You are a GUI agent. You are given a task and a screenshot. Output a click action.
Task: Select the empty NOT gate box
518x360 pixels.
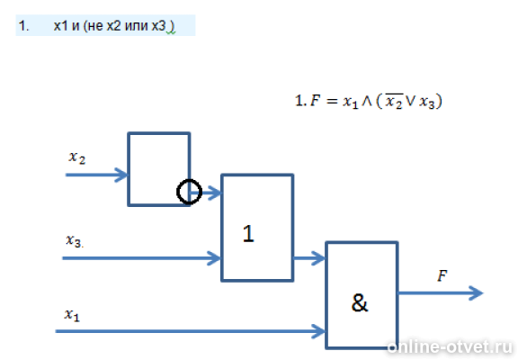pyautogui.click(x=129, y=169)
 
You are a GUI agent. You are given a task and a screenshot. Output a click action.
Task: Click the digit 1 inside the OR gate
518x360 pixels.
pyautogui.click(x=248, y=233)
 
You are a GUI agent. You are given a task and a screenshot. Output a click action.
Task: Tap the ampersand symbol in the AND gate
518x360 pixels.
pyautogui.click(x=360, y=302)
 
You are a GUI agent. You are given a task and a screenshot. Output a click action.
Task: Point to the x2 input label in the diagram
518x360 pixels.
pyautogui.click(x=77, y=157)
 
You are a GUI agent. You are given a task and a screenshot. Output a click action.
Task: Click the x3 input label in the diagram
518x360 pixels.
pyautogui.click(x=75, y=240)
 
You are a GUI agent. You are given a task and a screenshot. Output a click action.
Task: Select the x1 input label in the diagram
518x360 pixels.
pyautogui.click(x=72, y=314)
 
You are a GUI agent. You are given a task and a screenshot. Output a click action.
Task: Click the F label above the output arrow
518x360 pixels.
pyautogui.click(x=442, y=275)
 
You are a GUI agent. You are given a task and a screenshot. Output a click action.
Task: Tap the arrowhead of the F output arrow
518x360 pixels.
pyautogui.click(x=477, y=292)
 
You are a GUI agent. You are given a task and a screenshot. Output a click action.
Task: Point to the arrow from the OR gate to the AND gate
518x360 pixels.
pyautogui.click(x=309, y=258)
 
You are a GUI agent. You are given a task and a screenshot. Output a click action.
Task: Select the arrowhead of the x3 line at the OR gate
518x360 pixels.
pyautogui.click(x=214, y=258)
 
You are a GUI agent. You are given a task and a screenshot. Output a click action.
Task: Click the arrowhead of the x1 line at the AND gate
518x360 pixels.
pyautogui.click(x=318, y=331)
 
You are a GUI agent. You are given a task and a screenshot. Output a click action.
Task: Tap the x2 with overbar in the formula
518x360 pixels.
pyautogui.click(x=394, y=101)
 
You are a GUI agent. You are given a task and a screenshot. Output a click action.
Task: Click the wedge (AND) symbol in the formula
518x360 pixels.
pyautogui.click(x=367, y=102)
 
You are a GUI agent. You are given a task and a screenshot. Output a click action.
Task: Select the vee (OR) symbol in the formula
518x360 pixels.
pyautogui.click(x=410, y=102)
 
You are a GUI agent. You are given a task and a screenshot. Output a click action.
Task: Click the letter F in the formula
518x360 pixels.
pyautogui.click(x=315, y=101)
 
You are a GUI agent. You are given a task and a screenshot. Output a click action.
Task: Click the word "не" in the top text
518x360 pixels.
pyautogui.click(x=95, y=26)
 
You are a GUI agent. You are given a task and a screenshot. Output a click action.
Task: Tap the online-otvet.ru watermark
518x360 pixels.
pyautogui.click(x=450, y=346)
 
